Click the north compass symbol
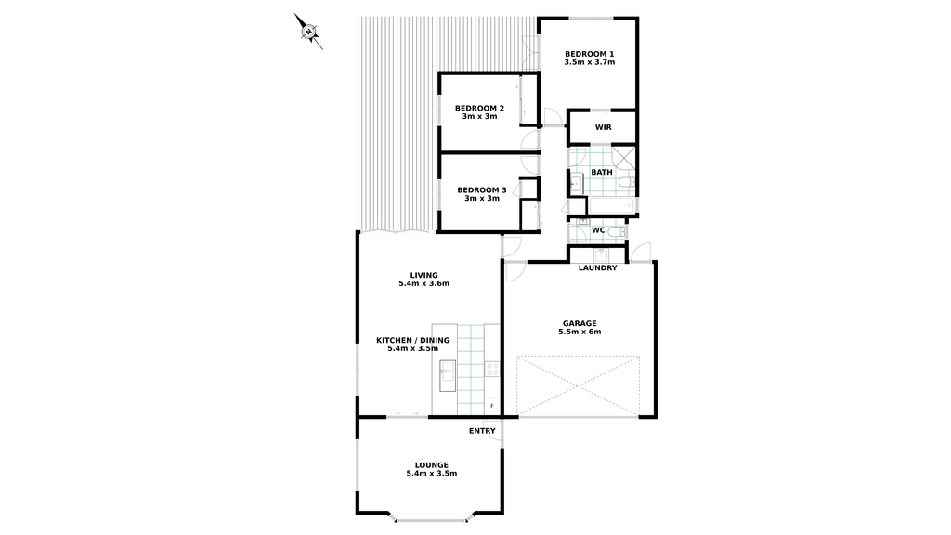pyautogui.click(x=308, y=31)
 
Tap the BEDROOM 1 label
pyautogui.click(x=589, y=53)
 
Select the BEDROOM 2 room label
pyautogui.click(x=479, y=108)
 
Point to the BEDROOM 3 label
pyautogui.click(x=482, y=189)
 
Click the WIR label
pyautogui.click(x=603, y=127)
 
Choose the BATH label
pyautogui.click(x=602, y=172)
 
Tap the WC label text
pyautogui.click(x=598, y=230)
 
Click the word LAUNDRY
pyautogui.click(x=597, y=268)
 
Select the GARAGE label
pyautogui.click(x=580, y=323)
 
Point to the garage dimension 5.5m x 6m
pyautogui.click(x=580, y=332)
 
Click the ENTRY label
pyautogui.click(x=482, y=431)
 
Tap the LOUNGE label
pyautogui.click(x=432, y=465)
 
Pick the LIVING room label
pyautogui.click(x=423, y=275)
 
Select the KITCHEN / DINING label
pyautogui.click(x=413, y=340)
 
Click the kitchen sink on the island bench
pyautogui.click(x=448, y=371)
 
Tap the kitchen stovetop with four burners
pyautogui.click(x=492, y=369)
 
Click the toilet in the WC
pyautogui.click(x=617, y=231)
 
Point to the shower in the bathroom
pyautogui.click(x=622, y=158)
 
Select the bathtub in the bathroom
pyautogui.click(x=610, y=206)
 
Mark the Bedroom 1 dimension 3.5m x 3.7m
pyautogui.click(x=590, y=62)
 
